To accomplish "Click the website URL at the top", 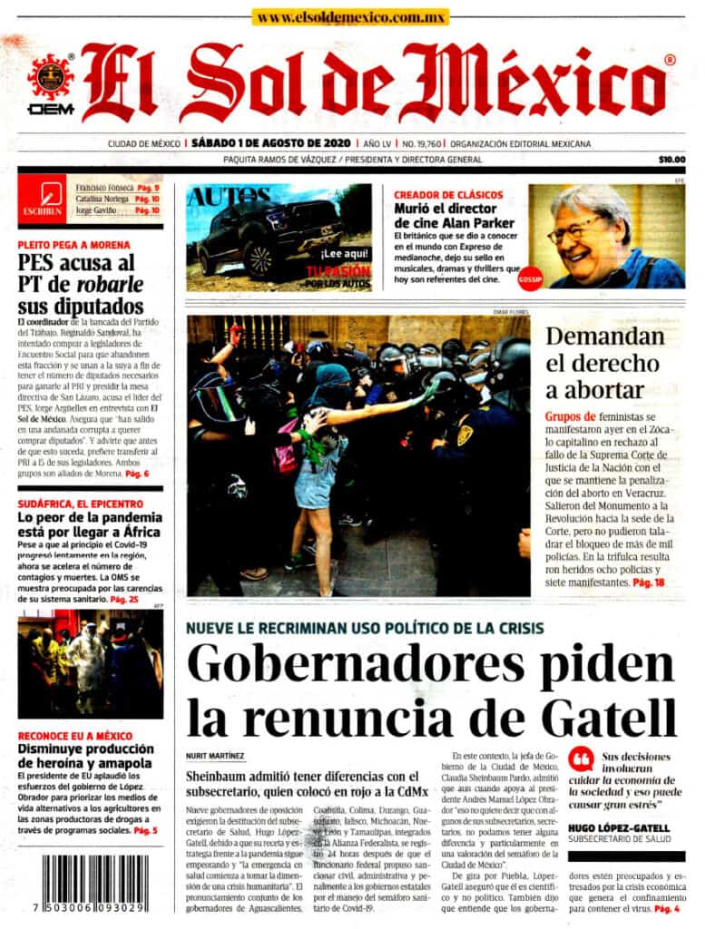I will point(352,17).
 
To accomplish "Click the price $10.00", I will point(671,161).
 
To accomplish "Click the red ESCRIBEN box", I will point(42,199).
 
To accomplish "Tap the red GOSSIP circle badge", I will point(529,279).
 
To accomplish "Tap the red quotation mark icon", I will point(581,758).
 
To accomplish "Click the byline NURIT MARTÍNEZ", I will point(214,755).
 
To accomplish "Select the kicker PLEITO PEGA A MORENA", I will point(73,245).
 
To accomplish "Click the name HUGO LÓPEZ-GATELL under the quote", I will point(619,827).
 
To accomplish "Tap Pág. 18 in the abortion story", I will point(648,581).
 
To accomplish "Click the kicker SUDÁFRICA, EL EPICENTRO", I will point(80,503).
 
